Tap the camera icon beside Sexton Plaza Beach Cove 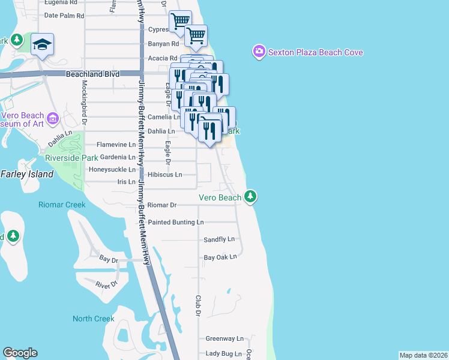pyautogui.click(x=259, y=52)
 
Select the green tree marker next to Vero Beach pyautogui.click(x=250, y=196)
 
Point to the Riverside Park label pyautogui.click(x=71, y=158)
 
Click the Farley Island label pyautogui.click(x=27, y=175)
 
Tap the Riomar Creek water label pyautogui.click(x=62, y=205)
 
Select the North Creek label pyautogui.click(x=93, y=319)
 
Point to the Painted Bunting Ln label pyautogui.click(x=176, y=222)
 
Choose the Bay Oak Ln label pyautogui.click(x=220, y=257)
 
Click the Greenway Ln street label pyautogui.click(x=224, y=338)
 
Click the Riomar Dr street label pyautogui.click(x=161, y=205)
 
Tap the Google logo pyautogui.click(x=20, y=353)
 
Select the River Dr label pyautogui.click(x=106, y=286)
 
